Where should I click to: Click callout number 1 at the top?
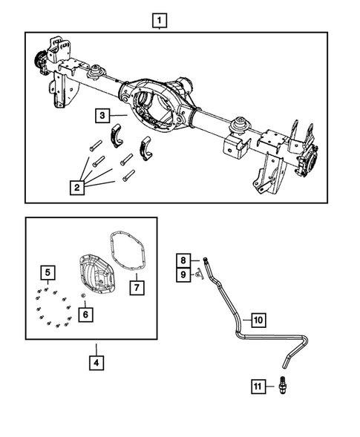[160, 19]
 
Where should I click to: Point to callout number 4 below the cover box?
[96, 363]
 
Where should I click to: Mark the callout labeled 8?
[181, 260]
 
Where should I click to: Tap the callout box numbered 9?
[181, 275]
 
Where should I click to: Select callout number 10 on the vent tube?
[257, 321]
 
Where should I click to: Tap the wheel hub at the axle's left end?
[37, 59]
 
